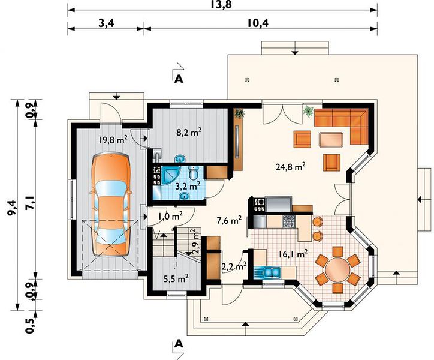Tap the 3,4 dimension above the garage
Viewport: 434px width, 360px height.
pos(106,23)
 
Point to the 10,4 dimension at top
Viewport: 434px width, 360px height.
pos(258,23)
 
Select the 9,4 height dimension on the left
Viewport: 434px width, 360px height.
pos(13,207)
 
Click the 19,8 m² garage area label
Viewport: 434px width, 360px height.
pos(113,139)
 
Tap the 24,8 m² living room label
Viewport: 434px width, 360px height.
pos(291,167)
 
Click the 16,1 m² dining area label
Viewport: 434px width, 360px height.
pos(293,254)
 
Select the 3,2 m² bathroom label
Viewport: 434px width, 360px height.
pos(188,185)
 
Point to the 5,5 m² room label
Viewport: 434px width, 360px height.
pos(176,278)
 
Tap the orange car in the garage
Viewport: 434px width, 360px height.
pos(111,205)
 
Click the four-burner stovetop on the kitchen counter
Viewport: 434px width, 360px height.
pos(288,221)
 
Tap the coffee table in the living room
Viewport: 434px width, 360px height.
pos(331,140)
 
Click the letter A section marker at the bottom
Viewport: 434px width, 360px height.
pos(179,344)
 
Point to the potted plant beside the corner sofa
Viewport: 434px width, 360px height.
pos(308,112)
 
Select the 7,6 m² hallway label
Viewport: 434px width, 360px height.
pos(230,221)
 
